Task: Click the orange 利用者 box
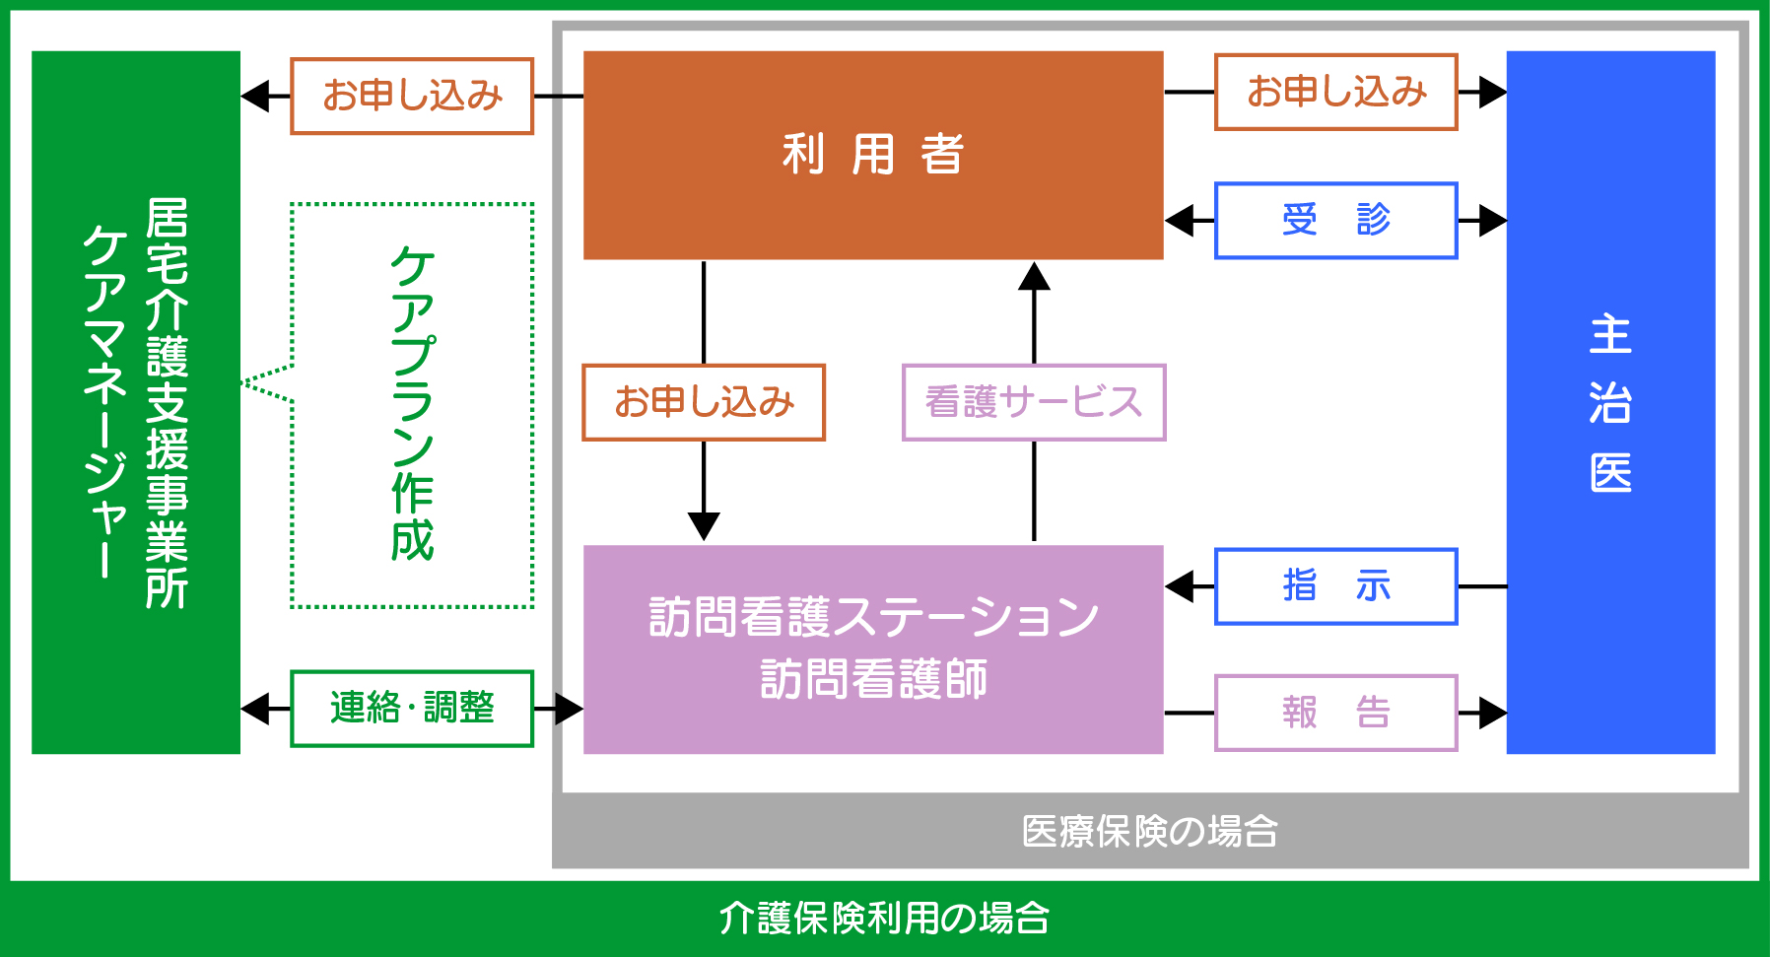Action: coord(873,155)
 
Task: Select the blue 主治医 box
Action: coord(1610,402)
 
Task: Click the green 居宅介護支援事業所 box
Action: coord(136,402)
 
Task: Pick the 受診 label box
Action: coord(1335,220)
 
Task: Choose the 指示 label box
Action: coord(1335,586)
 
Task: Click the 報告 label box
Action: coord(1335,713)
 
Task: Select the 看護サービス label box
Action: coord(1034,402)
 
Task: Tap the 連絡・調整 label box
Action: coord(412,708)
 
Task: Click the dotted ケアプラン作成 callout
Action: coord(412,404)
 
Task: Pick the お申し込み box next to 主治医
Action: coord(1335,92)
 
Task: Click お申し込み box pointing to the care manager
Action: coord(412,96)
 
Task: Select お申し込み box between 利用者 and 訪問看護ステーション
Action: coord(704,402)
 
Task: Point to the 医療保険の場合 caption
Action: coord(1149,831)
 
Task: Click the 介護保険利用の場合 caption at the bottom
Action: coord(884,918)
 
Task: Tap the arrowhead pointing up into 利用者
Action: coord(1034,277)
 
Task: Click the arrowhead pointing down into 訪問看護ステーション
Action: coord(704,525)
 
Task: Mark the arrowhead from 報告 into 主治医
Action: coord(1491,713)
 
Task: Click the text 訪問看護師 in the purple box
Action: coord(873,680)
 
